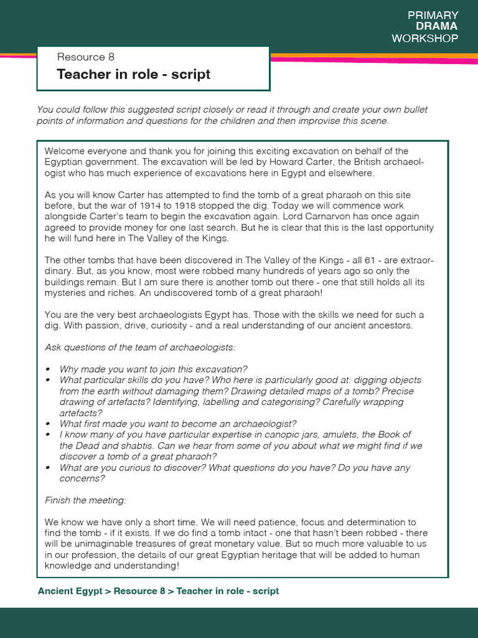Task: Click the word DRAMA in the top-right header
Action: pos(436,26)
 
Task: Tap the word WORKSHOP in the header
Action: pos(425,38)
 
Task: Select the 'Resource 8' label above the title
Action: pos(86,57)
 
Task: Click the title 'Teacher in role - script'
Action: pos(133,75)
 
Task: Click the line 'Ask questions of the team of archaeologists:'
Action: pos(140,347)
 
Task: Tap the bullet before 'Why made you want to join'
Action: pos(48,369)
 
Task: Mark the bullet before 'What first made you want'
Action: pos(48,424)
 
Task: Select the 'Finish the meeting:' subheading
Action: pos(85,500)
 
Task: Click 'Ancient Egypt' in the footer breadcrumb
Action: pos(70,591)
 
